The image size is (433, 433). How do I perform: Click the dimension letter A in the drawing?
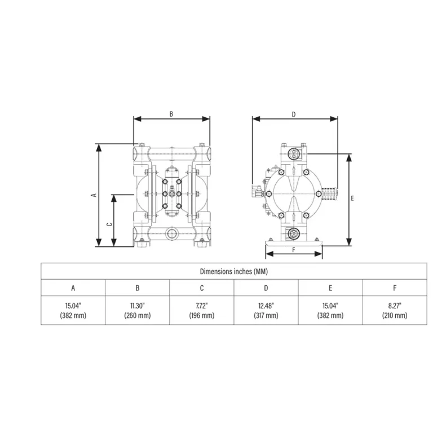pos(94,195)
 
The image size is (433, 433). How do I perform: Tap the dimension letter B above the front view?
pos(171,113)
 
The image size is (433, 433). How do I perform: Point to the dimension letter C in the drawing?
pos(110,223)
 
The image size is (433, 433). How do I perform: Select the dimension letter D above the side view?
pos(294,113)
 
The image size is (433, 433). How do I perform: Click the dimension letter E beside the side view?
pos(352,198)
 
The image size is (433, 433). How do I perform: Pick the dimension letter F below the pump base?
pos(294,249)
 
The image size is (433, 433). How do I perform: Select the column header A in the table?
pos(73,288)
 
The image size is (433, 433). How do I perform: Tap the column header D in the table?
pos(266,288)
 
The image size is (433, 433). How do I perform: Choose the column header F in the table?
pos(395,288)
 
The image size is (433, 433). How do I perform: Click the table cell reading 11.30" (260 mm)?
pos(137,311)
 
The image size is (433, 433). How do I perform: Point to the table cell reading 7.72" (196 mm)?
pos(201,311)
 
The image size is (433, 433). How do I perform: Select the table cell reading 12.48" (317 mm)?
pos(266,311)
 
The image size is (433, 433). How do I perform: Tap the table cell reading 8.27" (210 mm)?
pos(395,311)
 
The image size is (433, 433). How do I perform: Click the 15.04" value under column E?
pos(330,306)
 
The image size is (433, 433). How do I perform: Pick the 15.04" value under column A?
pos(73,306)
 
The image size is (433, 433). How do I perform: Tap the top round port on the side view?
pos(293,153)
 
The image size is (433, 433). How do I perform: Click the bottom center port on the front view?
pos(171,233)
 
